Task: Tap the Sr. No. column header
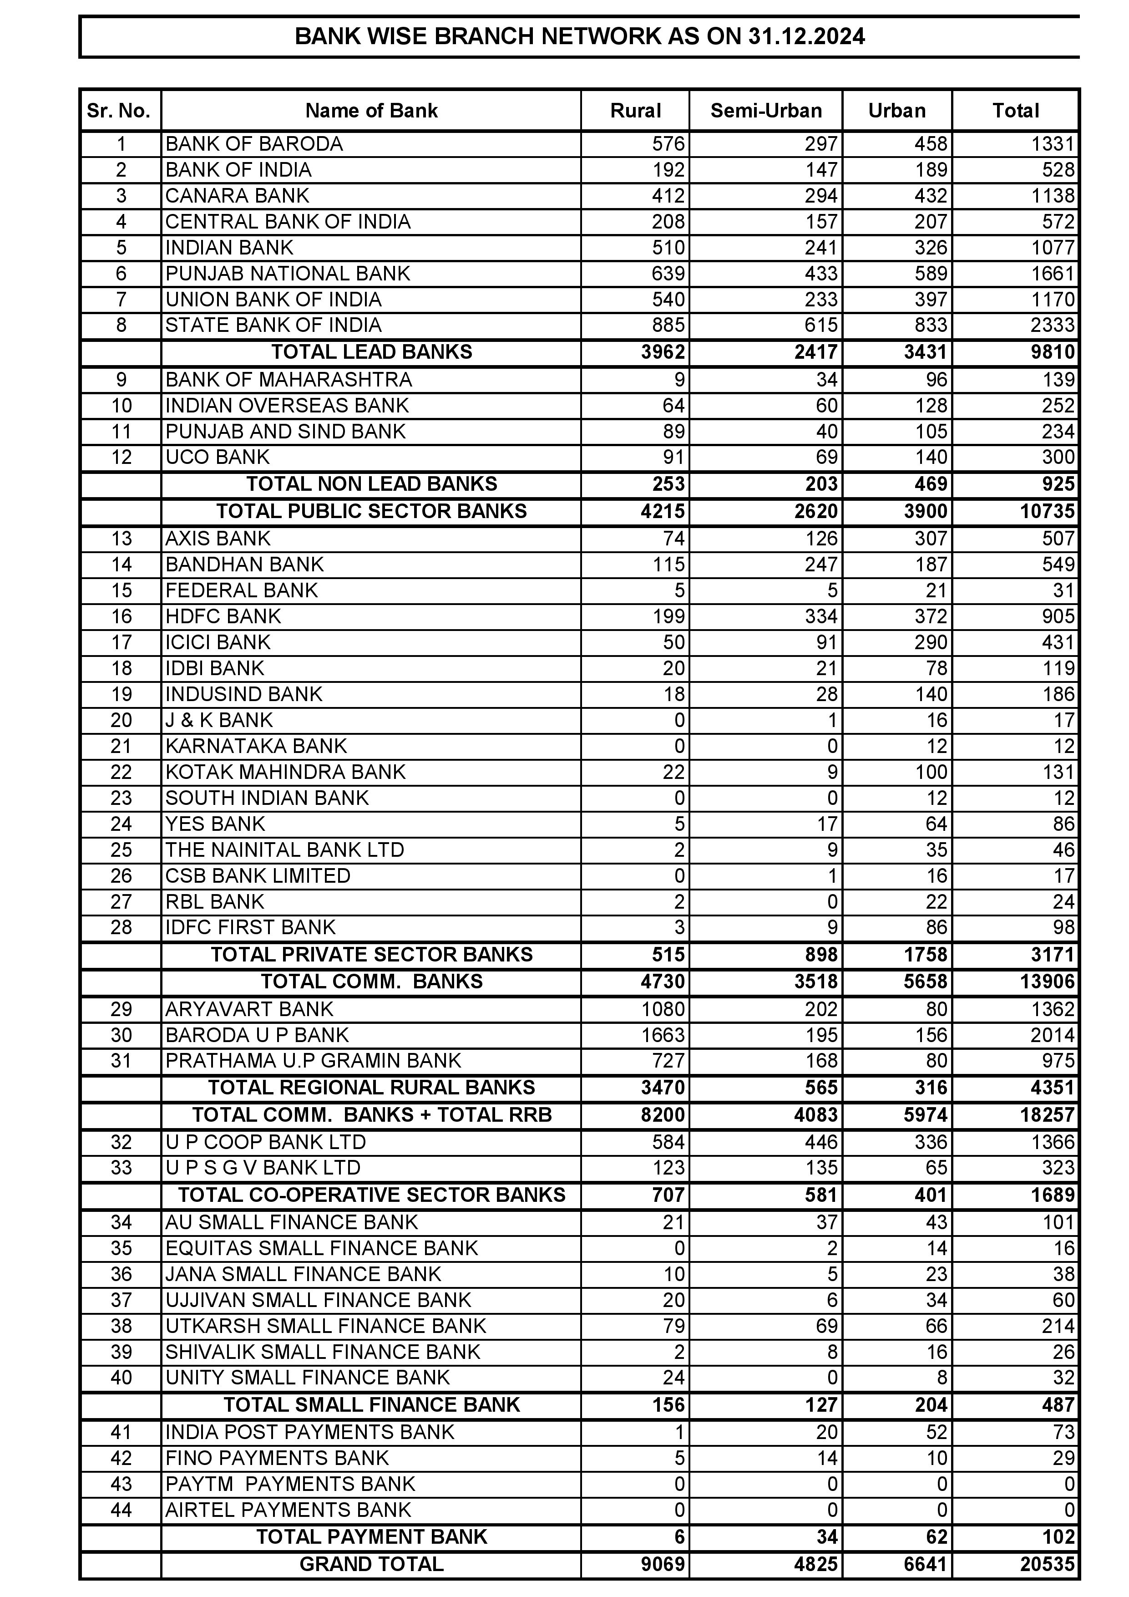click(119, 111)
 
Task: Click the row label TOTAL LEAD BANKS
click(371, 352)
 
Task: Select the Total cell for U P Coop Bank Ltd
click(1053, 1143)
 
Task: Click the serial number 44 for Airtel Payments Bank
click(121, 1510)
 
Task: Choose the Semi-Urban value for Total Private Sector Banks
click(821, 955)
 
